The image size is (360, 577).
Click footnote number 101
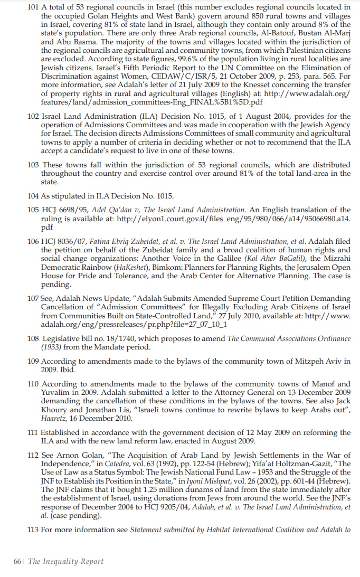(x=33, y=7)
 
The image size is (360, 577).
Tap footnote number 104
(x=33, y=195)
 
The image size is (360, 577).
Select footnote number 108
(x=33, y=339)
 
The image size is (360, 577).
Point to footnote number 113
(x=33, y=529)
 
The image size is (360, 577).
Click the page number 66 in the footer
(x=17, y=562)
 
